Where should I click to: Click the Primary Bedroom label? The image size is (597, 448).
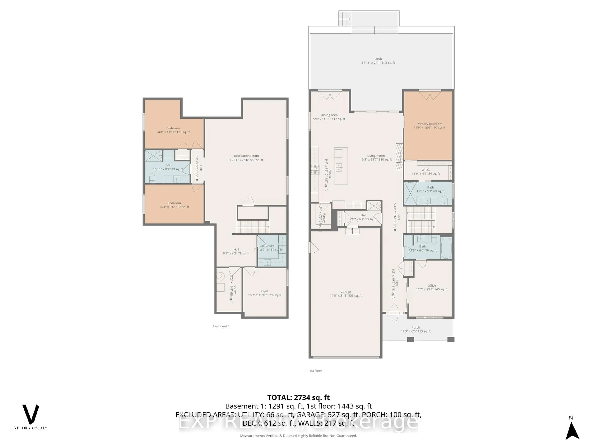tap(429, 124)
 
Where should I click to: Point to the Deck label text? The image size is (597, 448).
tap(378, 59)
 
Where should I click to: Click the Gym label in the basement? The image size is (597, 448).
tap(264, 291)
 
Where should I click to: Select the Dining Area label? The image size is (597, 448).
tap(329, 115)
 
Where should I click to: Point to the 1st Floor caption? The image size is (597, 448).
tap(315, 371)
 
